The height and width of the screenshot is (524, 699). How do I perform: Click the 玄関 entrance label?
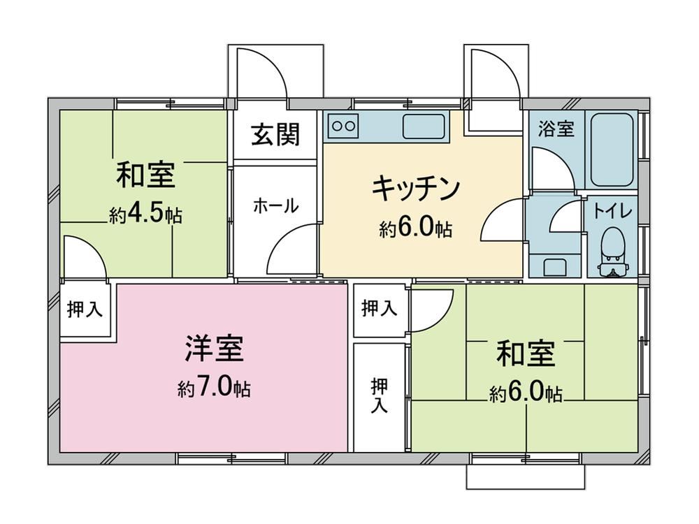coord(276,135)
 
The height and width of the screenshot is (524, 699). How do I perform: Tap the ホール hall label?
coord(275,205)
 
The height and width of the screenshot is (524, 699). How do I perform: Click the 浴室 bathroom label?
coord(556,129)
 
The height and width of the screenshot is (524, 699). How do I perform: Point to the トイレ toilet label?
coord(612,210)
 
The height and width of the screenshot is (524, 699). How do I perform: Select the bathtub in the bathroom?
coord(612,148)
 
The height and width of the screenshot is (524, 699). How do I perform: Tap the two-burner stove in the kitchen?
coord(343,126)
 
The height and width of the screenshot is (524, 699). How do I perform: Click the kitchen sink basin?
coord(423,126)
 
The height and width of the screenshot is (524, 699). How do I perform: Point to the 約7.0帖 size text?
coord(214,388)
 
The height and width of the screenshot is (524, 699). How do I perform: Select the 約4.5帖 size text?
coord(145,215)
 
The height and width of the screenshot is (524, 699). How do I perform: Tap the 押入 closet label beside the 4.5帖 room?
coord(85,310)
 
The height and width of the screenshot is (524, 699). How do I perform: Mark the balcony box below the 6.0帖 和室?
coord(526,479)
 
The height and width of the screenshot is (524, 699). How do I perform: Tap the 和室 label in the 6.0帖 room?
coord(526,354)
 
